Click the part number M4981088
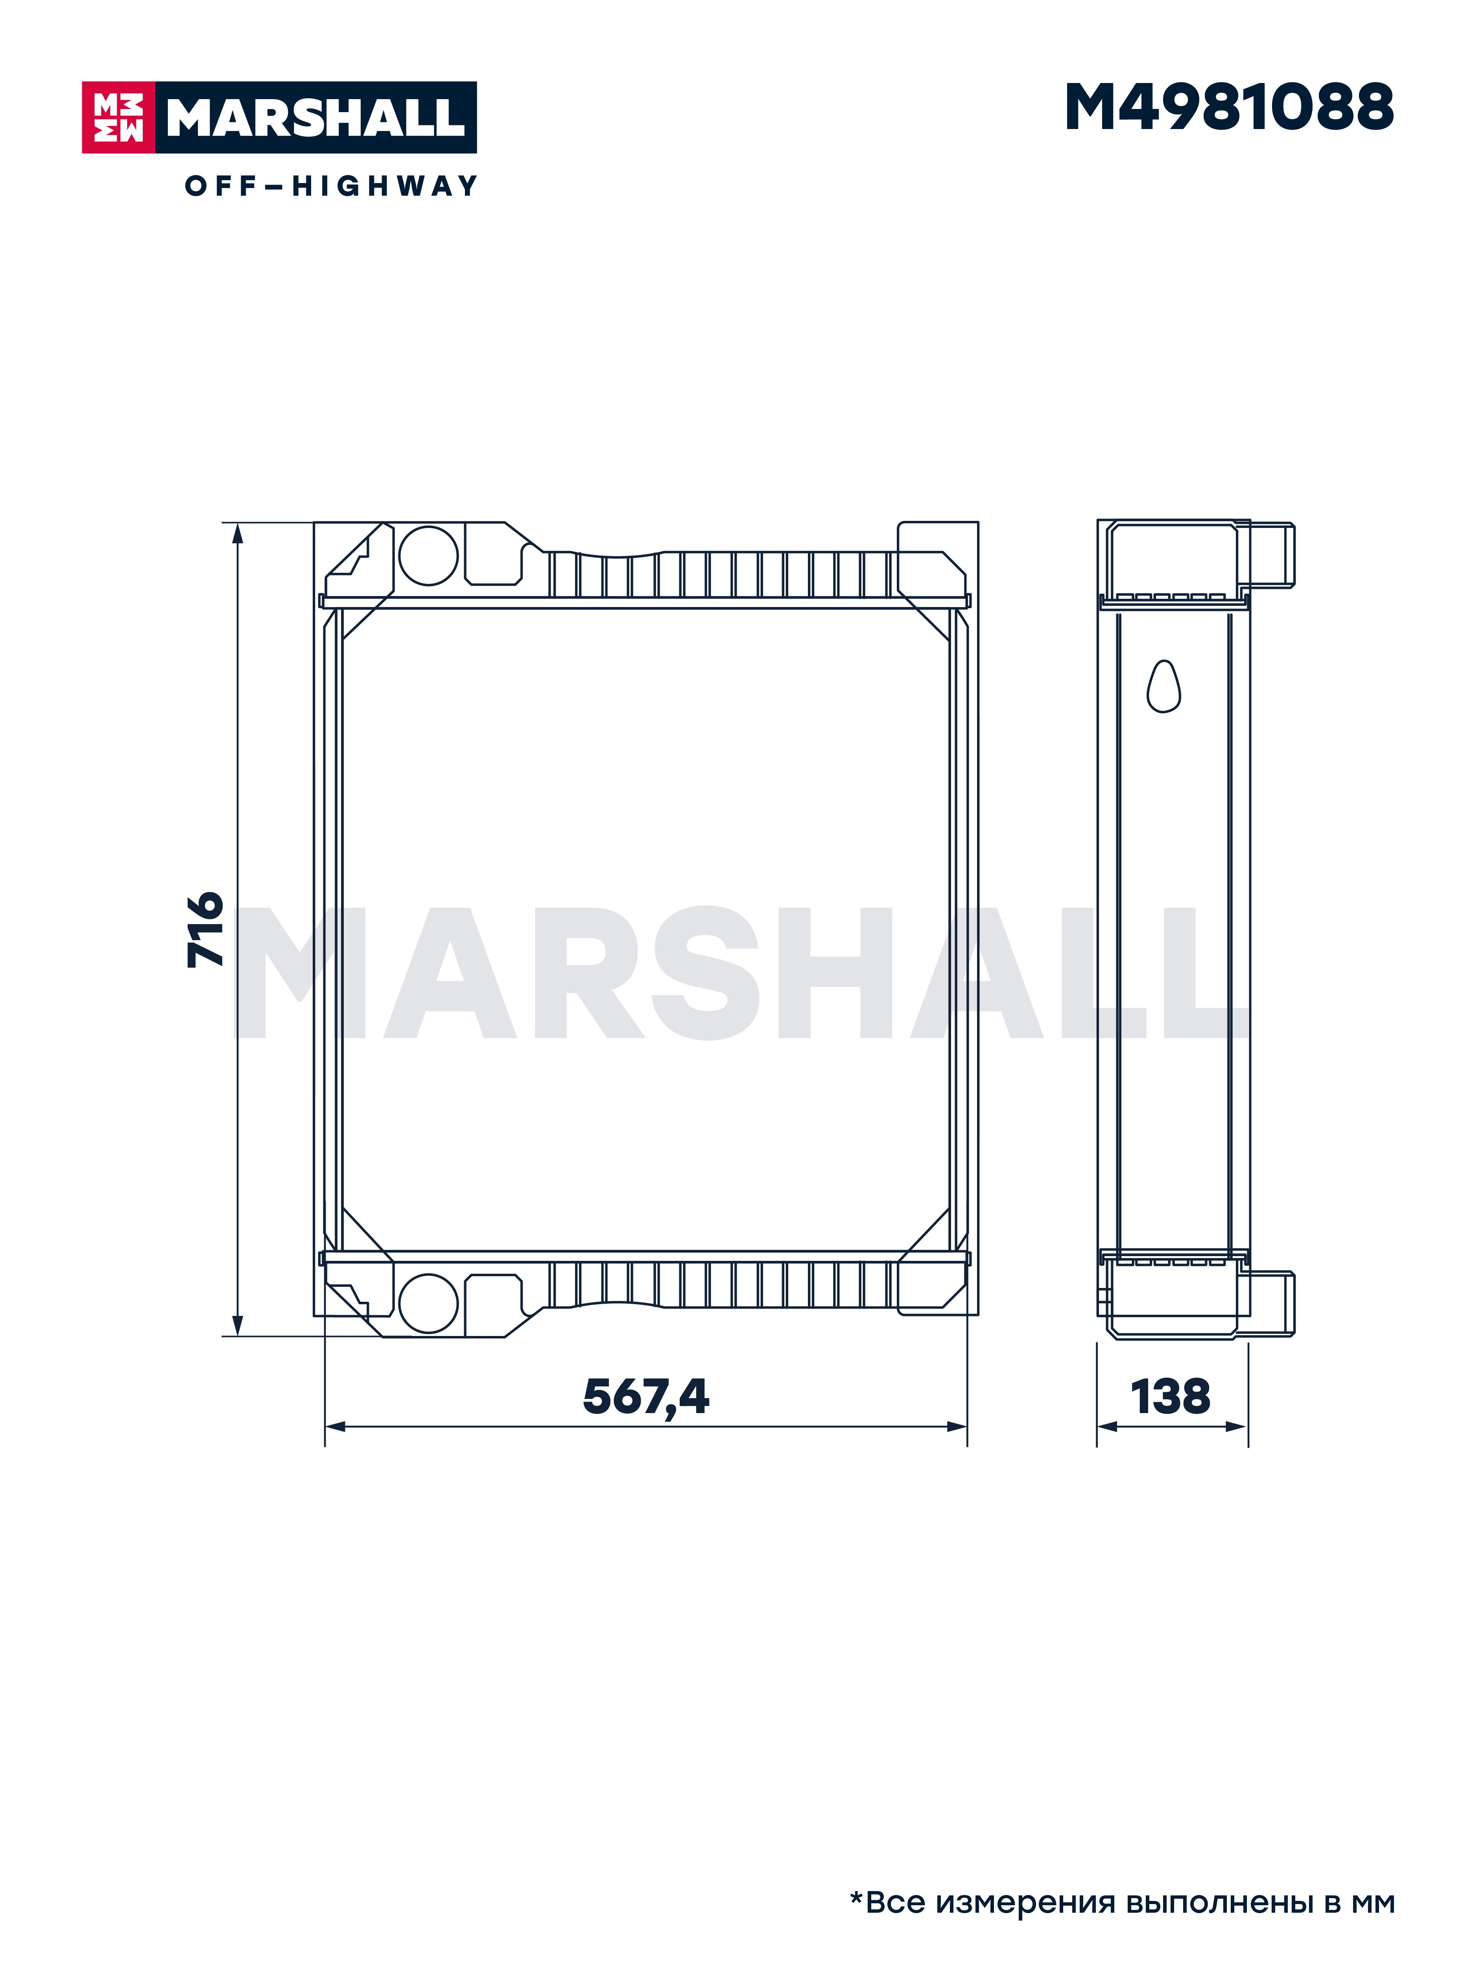[1229, 108]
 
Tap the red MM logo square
[118, 117]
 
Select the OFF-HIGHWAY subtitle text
[331, 186]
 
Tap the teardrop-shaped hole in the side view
[1164, 686]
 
